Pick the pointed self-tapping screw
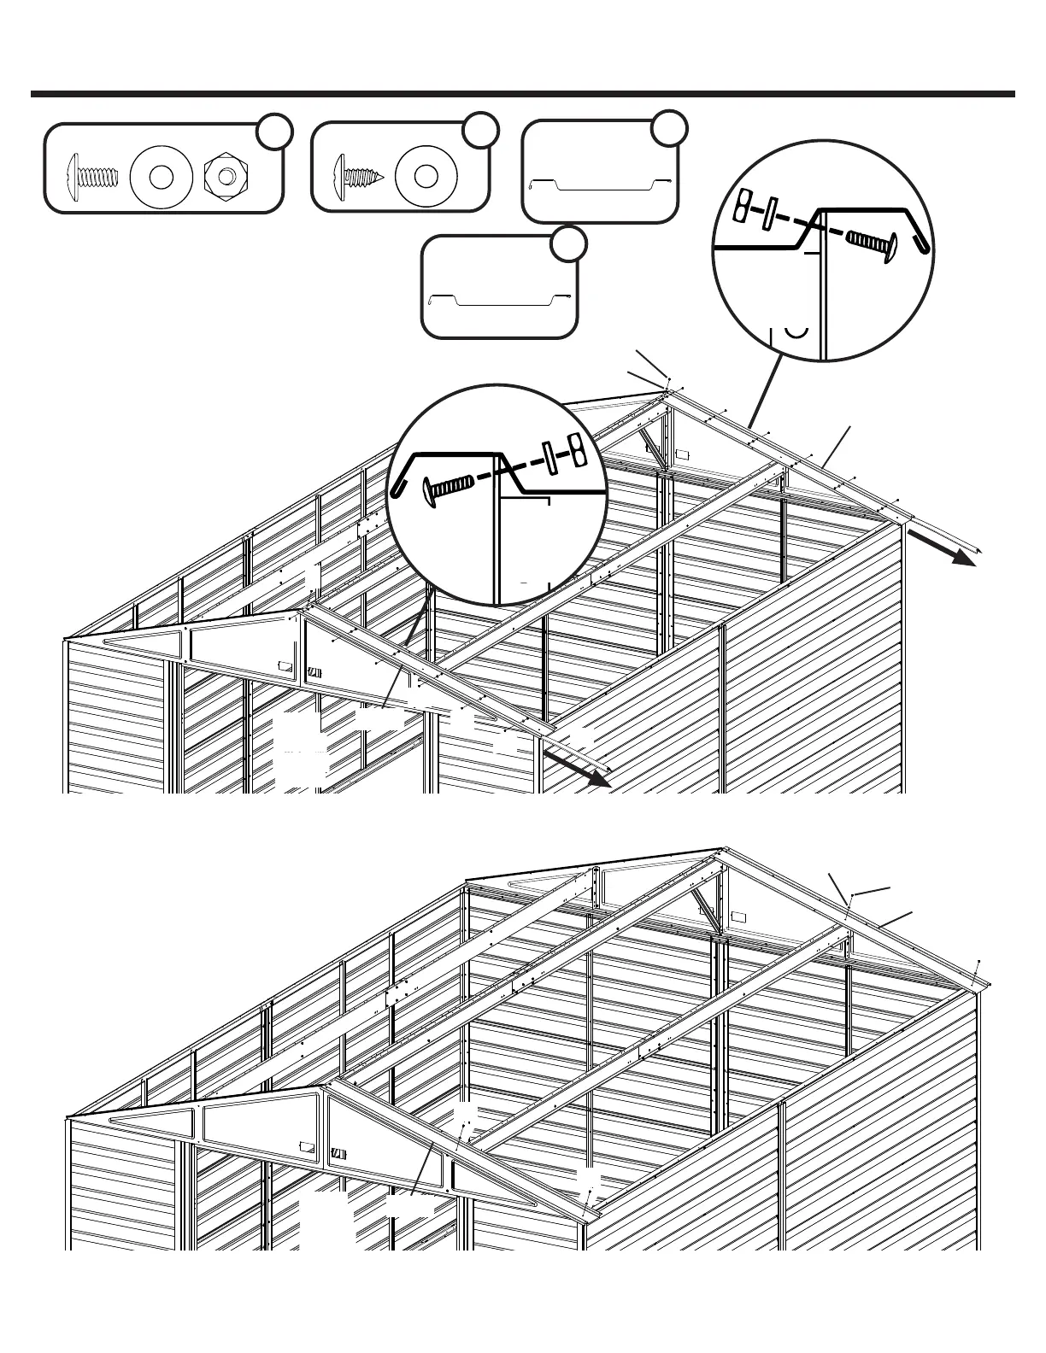click(357, 177)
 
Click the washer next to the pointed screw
click(425, 176)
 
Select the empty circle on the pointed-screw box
click(481, 129)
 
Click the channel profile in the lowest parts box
click(499, 300)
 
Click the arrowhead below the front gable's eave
click(599, 779)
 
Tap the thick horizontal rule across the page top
click(523, 94)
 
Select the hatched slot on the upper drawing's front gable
click(315, 671)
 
